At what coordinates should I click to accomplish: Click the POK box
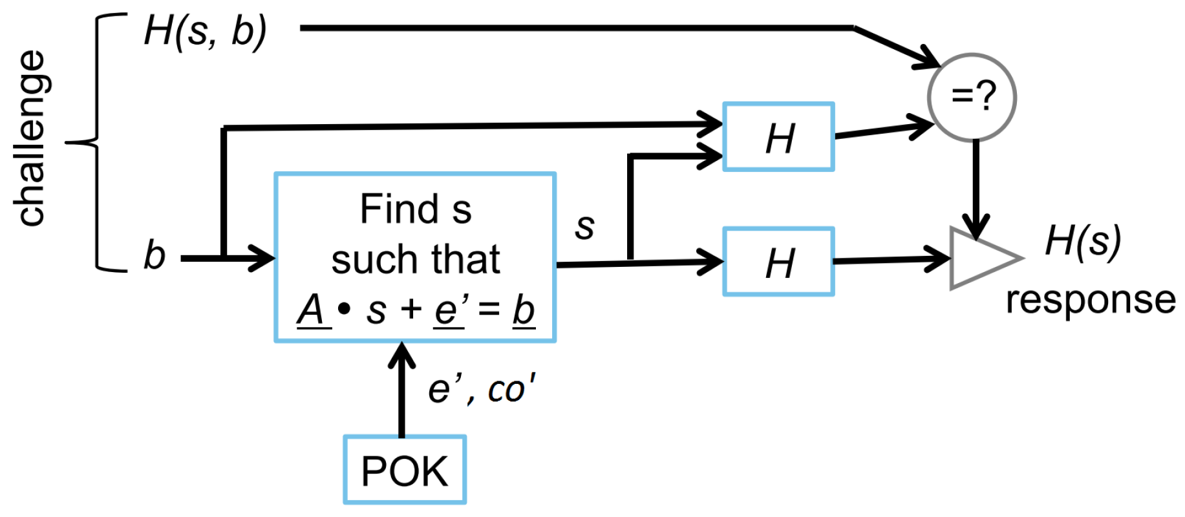tap(405, 470)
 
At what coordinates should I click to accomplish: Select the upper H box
tap(778, 137)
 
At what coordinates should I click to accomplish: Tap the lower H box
tap(778, 262)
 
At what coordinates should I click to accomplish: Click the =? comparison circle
tap(972, 97)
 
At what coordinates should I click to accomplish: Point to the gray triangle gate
tap(979, 258)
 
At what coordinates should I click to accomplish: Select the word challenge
tap(30, 138)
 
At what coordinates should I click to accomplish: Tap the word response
tap(1091, 300)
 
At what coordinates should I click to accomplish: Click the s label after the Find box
tap(584, 226)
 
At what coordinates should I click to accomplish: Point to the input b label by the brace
tap(155, 255)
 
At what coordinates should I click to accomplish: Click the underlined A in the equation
tap(312, 310)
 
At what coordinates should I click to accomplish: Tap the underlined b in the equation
tap(524, 310)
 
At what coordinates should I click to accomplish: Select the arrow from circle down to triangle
tap(976, 187)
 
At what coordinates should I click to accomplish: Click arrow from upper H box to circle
tap(882, 129)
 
